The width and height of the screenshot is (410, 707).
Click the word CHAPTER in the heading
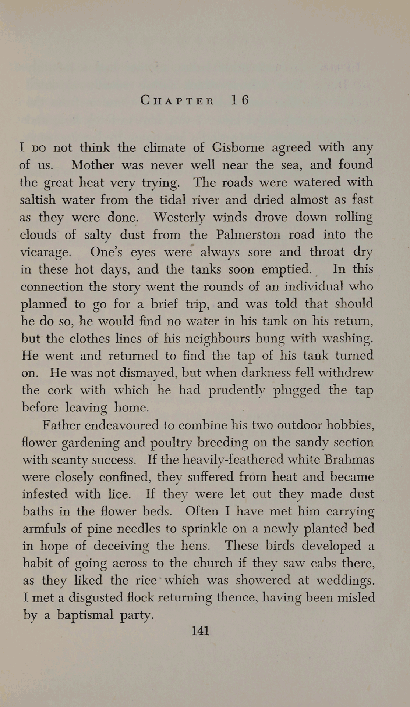(177, 100)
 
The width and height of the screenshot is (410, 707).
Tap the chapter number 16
(240, 100)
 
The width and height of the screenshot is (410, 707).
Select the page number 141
(201, 631)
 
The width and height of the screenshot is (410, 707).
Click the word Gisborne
(238, 148)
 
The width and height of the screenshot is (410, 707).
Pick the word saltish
(38, 200)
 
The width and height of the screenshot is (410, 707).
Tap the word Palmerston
(248, 235)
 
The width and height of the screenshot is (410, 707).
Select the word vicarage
(45, 253)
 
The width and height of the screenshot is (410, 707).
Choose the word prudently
(237, 391)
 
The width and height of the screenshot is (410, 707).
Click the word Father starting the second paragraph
(61, 425)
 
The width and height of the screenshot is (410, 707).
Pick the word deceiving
(121, 546)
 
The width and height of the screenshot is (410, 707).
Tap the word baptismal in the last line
(85, 615)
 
